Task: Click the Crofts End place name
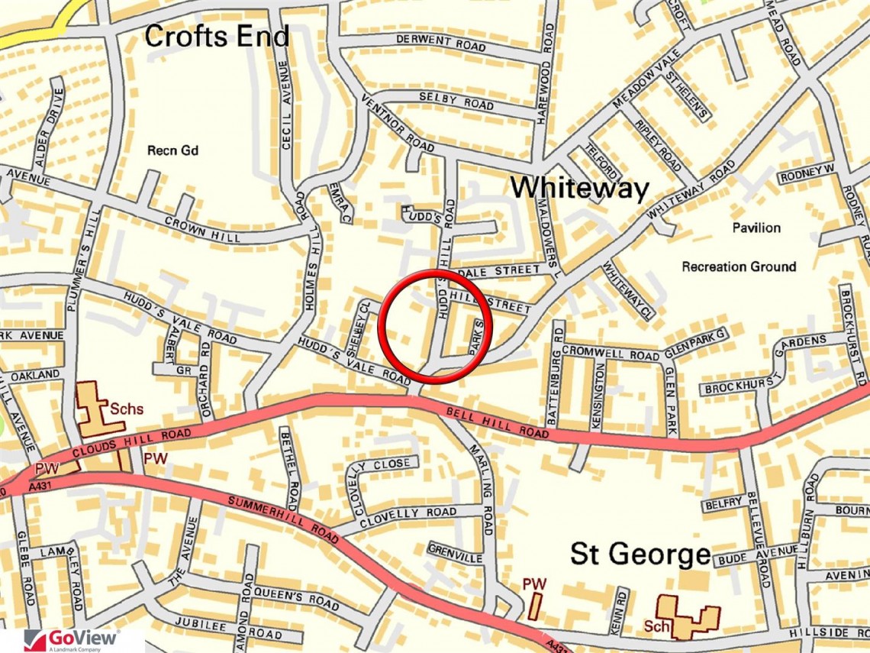217,36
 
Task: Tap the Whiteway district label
579,188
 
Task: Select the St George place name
640,554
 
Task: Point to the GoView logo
72,639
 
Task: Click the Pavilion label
756,228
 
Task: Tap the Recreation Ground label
739,267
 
